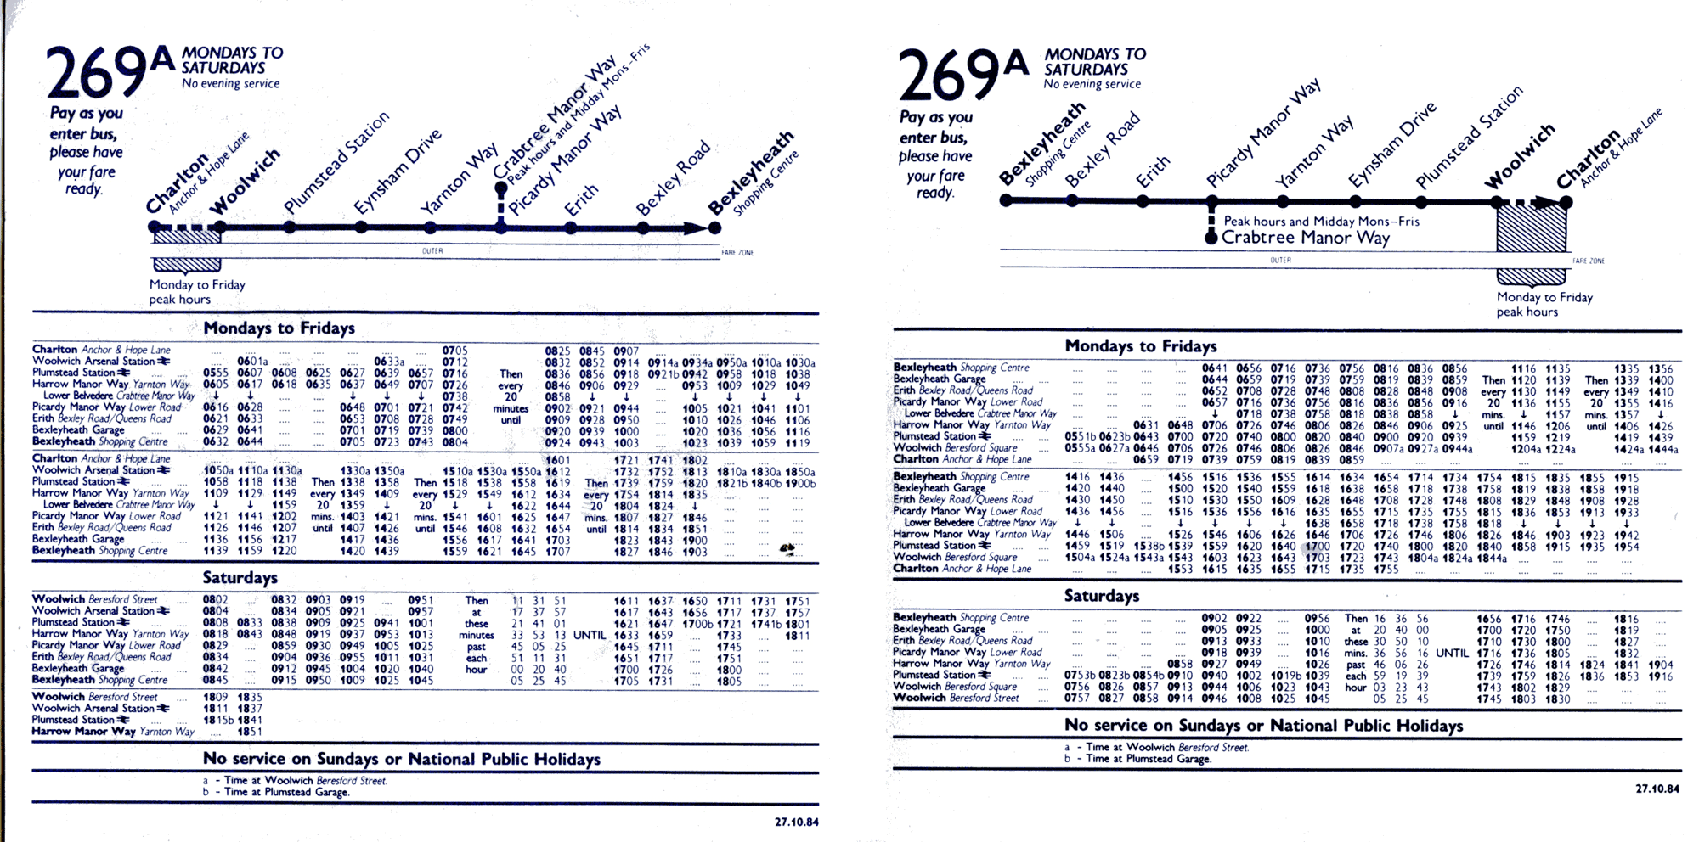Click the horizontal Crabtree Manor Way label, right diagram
click(1305, 238)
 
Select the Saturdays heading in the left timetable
click(240, 578)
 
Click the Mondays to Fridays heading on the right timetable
click(1140, 346)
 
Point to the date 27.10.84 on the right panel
click(1657, 789)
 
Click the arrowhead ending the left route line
click(697, 227)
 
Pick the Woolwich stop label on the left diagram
click(245, 182)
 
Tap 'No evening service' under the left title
click(230, 84)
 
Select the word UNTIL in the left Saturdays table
click(590, 635)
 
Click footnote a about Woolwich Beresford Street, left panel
click(294, 781)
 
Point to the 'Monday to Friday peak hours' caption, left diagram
click(197, 292)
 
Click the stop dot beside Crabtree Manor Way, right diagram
click(1211, 238)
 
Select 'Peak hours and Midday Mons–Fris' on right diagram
click(1321, 222)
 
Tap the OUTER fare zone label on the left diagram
click(432, 251)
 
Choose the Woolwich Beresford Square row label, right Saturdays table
click(955, 687)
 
